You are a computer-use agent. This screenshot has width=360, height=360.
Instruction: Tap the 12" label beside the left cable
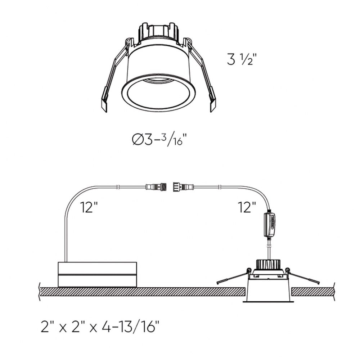coord(89,207)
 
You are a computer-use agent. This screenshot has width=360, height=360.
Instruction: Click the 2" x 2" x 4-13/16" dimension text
coord(100,327)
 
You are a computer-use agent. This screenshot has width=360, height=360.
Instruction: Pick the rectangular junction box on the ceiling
coord(97,275)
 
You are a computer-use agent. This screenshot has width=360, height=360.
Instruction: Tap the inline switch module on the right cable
coord(270,225)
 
